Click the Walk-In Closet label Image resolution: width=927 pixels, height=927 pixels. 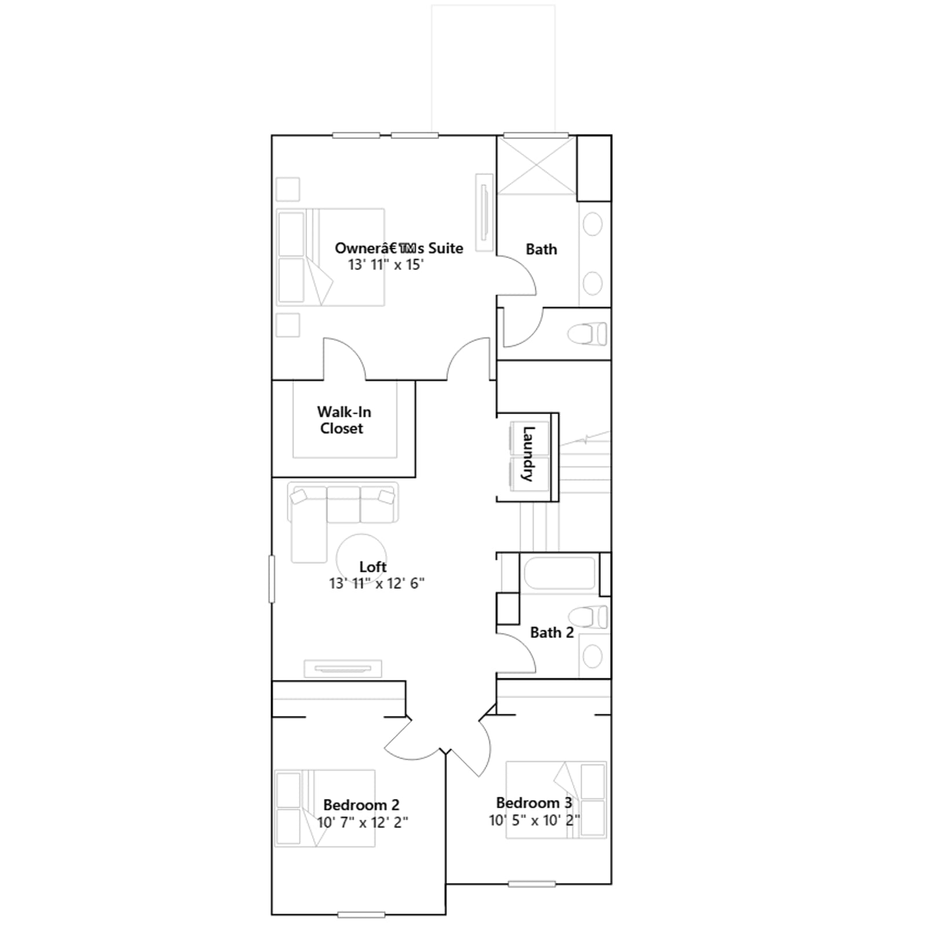(344, 420)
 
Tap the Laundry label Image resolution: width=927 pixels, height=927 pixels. (528, 454)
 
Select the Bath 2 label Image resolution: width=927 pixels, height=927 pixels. (552, 632)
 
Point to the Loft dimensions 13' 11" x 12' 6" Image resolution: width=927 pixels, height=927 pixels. (377, 583)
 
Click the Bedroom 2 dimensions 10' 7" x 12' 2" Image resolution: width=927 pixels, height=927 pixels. (362, 822)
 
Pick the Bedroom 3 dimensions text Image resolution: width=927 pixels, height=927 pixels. (534, 820)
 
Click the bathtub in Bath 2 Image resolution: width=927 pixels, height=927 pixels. (559, 573)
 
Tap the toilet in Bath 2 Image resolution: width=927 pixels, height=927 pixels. (587, 616)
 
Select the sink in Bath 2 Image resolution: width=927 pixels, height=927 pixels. (593, 656)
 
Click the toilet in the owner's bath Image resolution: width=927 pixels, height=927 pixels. (587, 334)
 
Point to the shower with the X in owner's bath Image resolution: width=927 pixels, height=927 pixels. (537, 165)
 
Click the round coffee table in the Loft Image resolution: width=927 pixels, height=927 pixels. (362, 559)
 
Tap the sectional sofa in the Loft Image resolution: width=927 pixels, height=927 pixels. (342, 516)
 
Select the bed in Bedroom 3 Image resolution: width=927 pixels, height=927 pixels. (556, 800)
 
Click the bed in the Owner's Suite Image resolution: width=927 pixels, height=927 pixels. (330, 257)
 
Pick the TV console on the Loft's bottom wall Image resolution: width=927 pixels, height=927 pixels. (343, 669)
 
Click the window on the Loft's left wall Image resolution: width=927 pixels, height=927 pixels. (271, 579)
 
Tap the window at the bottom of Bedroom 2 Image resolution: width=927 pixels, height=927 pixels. (362, 915)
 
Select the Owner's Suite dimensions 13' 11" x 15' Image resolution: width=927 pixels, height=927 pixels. (386, 265)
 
